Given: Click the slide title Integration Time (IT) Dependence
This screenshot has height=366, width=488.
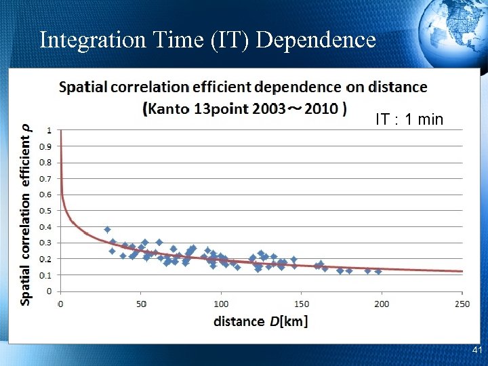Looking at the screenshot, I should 207,39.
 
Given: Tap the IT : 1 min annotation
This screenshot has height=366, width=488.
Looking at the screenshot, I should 409,120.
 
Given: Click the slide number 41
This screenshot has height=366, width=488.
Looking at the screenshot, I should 476,350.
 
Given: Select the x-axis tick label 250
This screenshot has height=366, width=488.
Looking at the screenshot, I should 462,304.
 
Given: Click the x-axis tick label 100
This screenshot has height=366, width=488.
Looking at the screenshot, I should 221,304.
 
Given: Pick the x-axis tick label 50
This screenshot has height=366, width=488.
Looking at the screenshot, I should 141,304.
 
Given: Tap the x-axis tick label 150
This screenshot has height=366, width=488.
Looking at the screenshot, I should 301,304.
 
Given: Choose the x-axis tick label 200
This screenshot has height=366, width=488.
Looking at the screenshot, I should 382,304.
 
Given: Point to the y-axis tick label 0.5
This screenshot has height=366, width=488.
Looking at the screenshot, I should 45,211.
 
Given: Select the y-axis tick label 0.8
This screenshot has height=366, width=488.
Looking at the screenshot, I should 45,162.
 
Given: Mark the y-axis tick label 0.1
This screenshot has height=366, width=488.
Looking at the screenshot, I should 45,275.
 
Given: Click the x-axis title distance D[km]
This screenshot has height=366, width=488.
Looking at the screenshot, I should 260,321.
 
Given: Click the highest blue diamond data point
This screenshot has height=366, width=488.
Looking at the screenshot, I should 107,230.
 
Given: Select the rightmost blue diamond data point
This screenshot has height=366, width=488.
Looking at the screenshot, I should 378,271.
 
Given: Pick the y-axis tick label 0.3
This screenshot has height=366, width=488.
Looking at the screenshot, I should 45,243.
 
